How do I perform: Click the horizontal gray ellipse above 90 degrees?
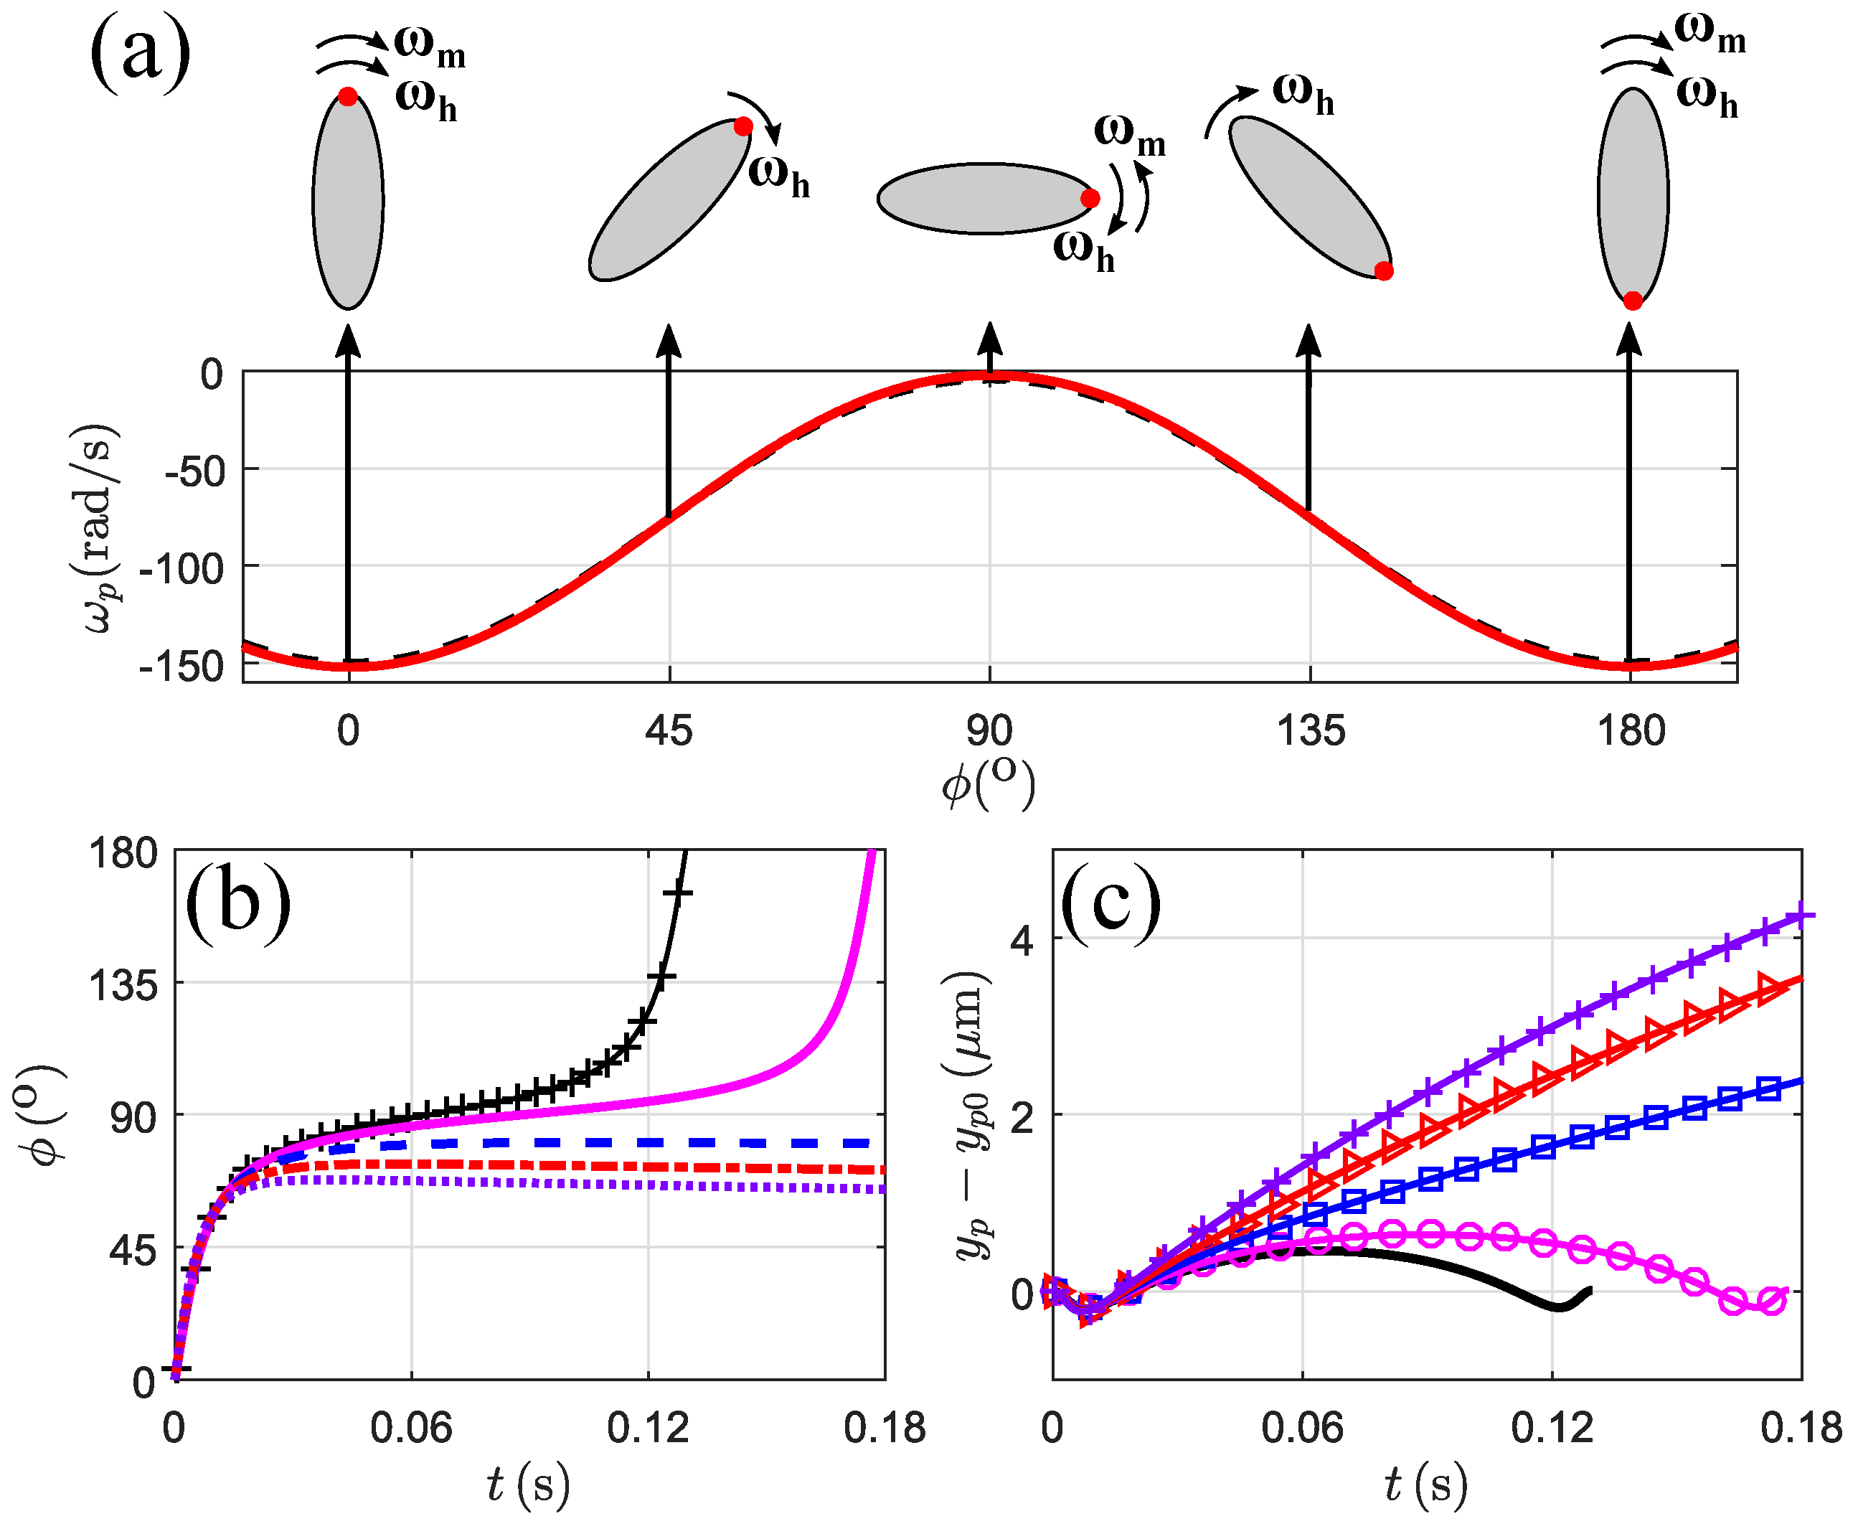984,199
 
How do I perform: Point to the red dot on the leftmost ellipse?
348,97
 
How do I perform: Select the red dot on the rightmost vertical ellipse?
1633,301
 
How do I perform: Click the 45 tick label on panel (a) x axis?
669,731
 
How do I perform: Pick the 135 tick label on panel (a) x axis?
1311,731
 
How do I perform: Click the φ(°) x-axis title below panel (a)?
988,781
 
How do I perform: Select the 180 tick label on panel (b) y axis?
123,852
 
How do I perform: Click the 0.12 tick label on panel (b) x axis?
648,1428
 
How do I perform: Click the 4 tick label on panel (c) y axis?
1022,941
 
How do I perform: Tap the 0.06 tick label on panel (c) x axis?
1301,1428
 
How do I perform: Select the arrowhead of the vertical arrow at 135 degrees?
1309,338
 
